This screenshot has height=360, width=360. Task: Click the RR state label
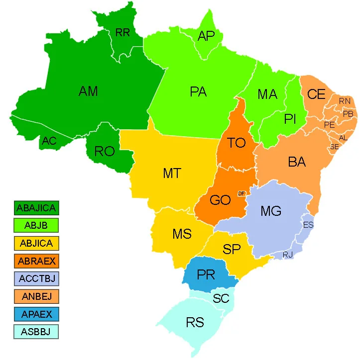point(122,33)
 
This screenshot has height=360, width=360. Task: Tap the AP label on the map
point(206,36)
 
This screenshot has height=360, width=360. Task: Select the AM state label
point(88,91)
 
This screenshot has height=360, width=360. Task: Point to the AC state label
point(49,141)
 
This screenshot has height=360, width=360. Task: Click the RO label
point(105,152)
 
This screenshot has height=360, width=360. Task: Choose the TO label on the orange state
point(237,143)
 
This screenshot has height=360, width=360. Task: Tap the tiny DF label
point(241,193)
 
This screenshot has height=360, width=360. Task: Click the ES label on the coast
point(308,225)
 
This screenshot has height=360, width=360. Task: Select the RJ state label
point(288,255)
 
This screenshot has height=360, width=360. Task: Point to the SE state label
point(334,147)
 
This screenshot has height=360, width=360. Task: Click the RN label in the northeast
point(345,101)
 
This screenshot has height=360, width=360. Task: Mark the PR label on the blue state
point(206,274)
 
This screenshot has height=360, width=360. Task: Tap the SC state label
point(221,299)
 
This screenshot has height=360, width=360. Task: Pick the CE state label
point(316,94)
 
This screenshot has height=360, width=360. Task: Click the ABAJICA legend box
point(36,208)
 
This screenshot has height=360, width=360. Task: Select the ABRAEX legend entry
point(36,261)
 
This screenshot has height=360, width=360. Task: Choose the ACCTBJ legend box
point(36,278)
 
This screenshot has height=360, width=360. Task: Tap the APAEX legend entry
point(36,314)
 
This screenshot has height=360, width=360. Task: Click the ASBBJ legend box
point(36,332)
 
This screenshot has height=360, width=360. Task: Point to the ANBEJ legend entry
point(36,296)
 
